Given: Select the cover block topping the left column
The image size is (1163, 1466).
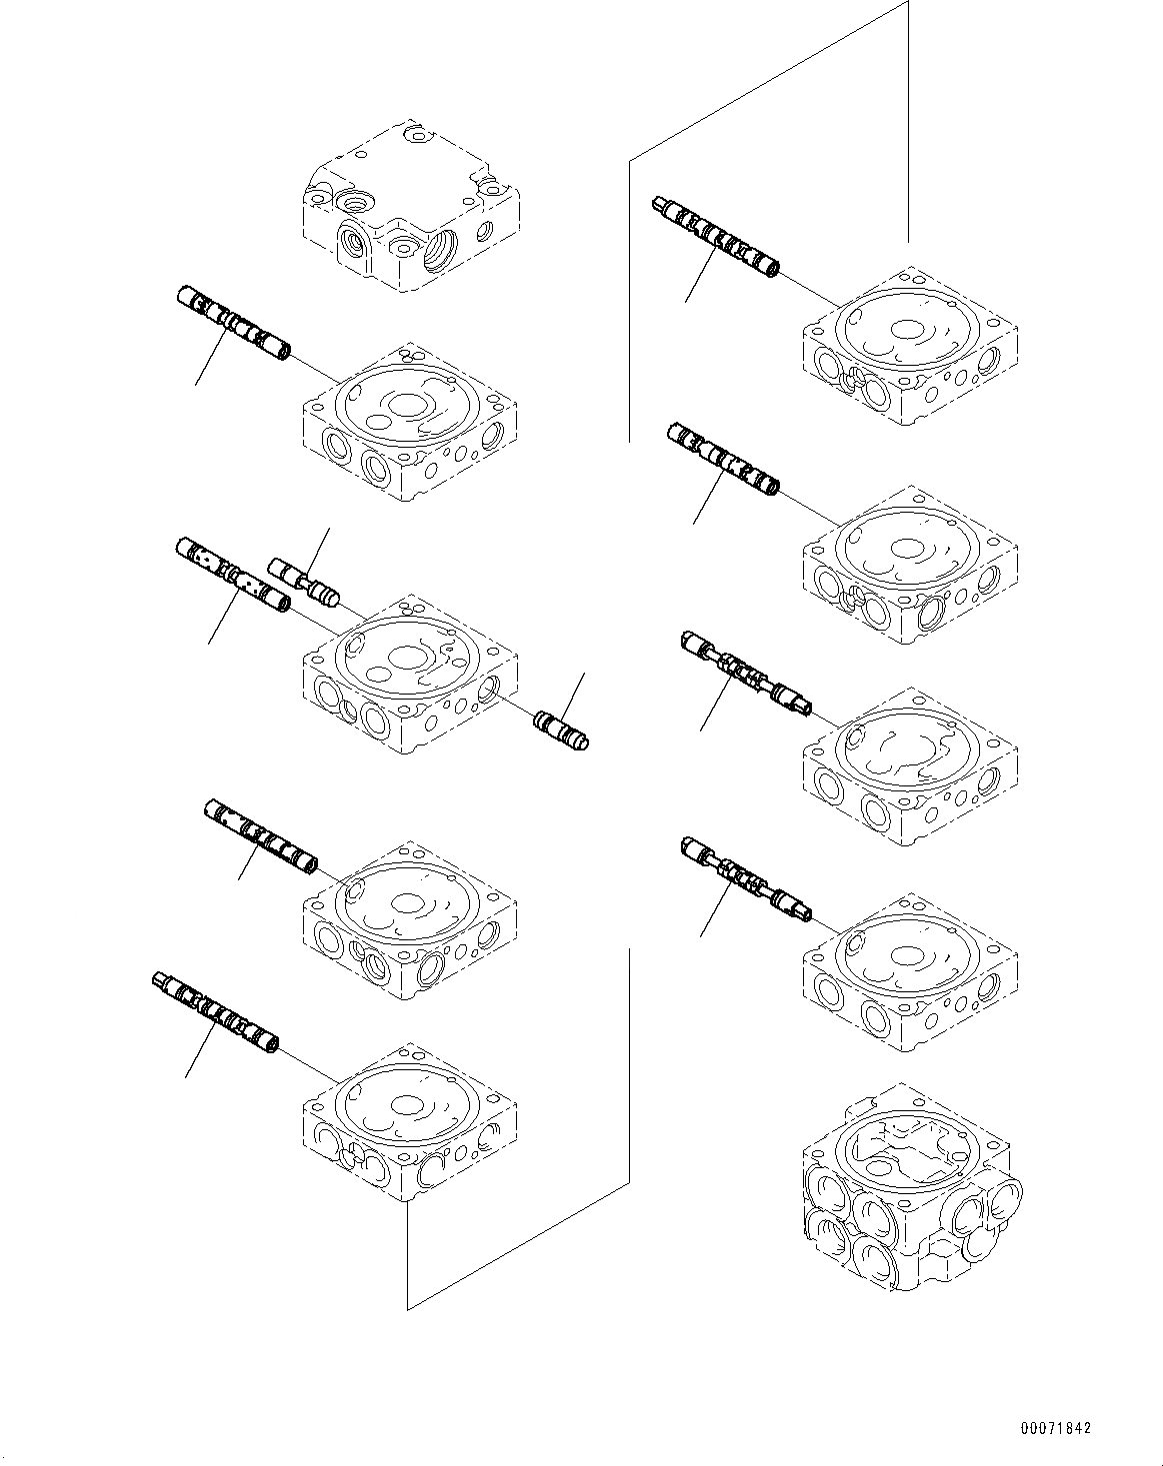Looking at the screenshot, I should click(x=410, y=210).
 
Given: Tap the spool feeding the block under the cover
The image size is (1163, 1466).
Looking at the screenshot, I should click(x=233, y=323).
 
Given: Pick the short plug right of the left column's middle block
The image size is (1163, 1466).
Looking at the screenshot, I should click(x=561, y=729).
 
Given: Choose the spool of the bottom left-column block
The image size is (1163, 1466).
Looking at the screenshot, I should click(x=215, y=1011).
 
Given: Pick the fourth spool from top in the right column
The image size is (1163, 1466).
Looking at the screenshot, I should click(x=745, y=877).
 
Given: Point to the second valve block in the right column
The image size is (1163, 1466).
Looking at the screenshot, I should click(x=910, y=567).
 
